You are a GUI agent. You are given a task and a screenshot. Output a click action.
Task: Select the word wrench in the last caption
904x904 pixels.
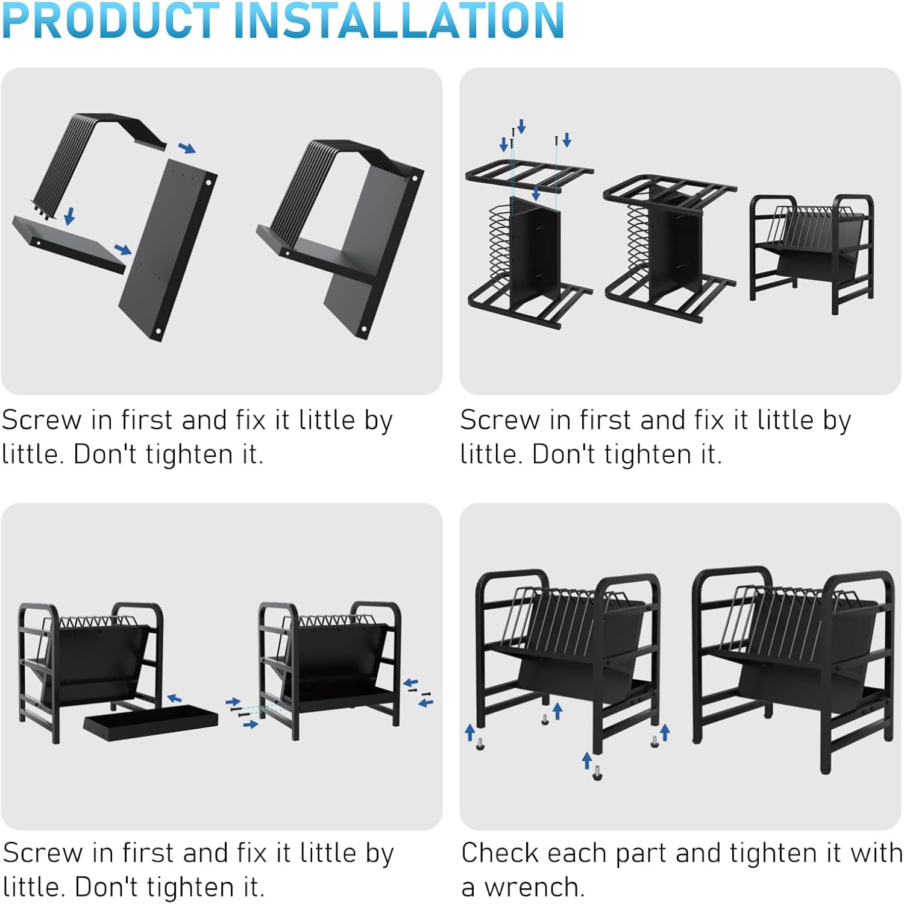[x=534, y=888]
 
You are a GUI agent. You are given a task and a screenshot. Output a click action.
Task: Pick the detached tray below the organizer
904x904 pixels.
[x=151, y=723]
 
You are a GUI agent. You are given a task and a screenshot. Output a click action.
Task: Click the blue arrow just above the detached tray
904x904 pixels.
[x=174, y=698]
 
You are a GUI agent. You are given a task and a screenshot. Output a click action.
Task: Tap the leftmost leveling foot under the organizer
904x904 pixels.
[x=480, y=744]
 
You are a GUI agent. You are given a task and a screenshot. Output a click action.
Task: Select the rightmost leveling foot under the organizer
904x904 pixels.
[x=655, y=741]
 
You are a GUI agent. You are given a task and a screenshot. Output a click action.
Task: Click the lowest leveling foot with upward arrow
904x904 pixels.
[x=597, y=773]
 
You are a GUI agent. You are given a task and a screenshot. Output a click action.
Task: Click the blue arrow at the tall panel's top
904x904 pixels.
[x=187, y=148]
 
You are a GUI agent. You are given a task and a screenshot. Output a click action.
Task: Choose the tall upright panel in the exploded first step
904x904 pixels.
[x=167, y=250]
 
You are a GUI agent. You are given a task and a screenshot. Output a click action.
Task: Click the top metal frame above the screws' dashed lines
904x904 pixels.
[x=529, y=175]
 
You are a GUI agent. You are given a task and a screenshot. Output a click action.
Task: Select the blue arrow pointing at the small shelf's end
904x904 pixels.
[x=123, y=250]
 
